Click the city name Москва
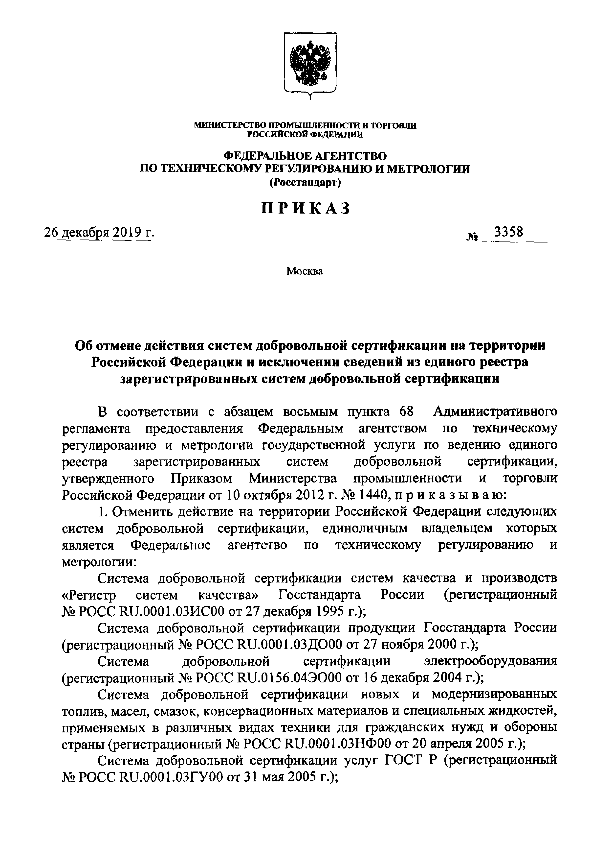pos(305,271)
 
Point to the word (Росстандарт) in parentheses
pos(305,183)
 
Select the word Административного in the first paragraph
pos(495,411)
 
